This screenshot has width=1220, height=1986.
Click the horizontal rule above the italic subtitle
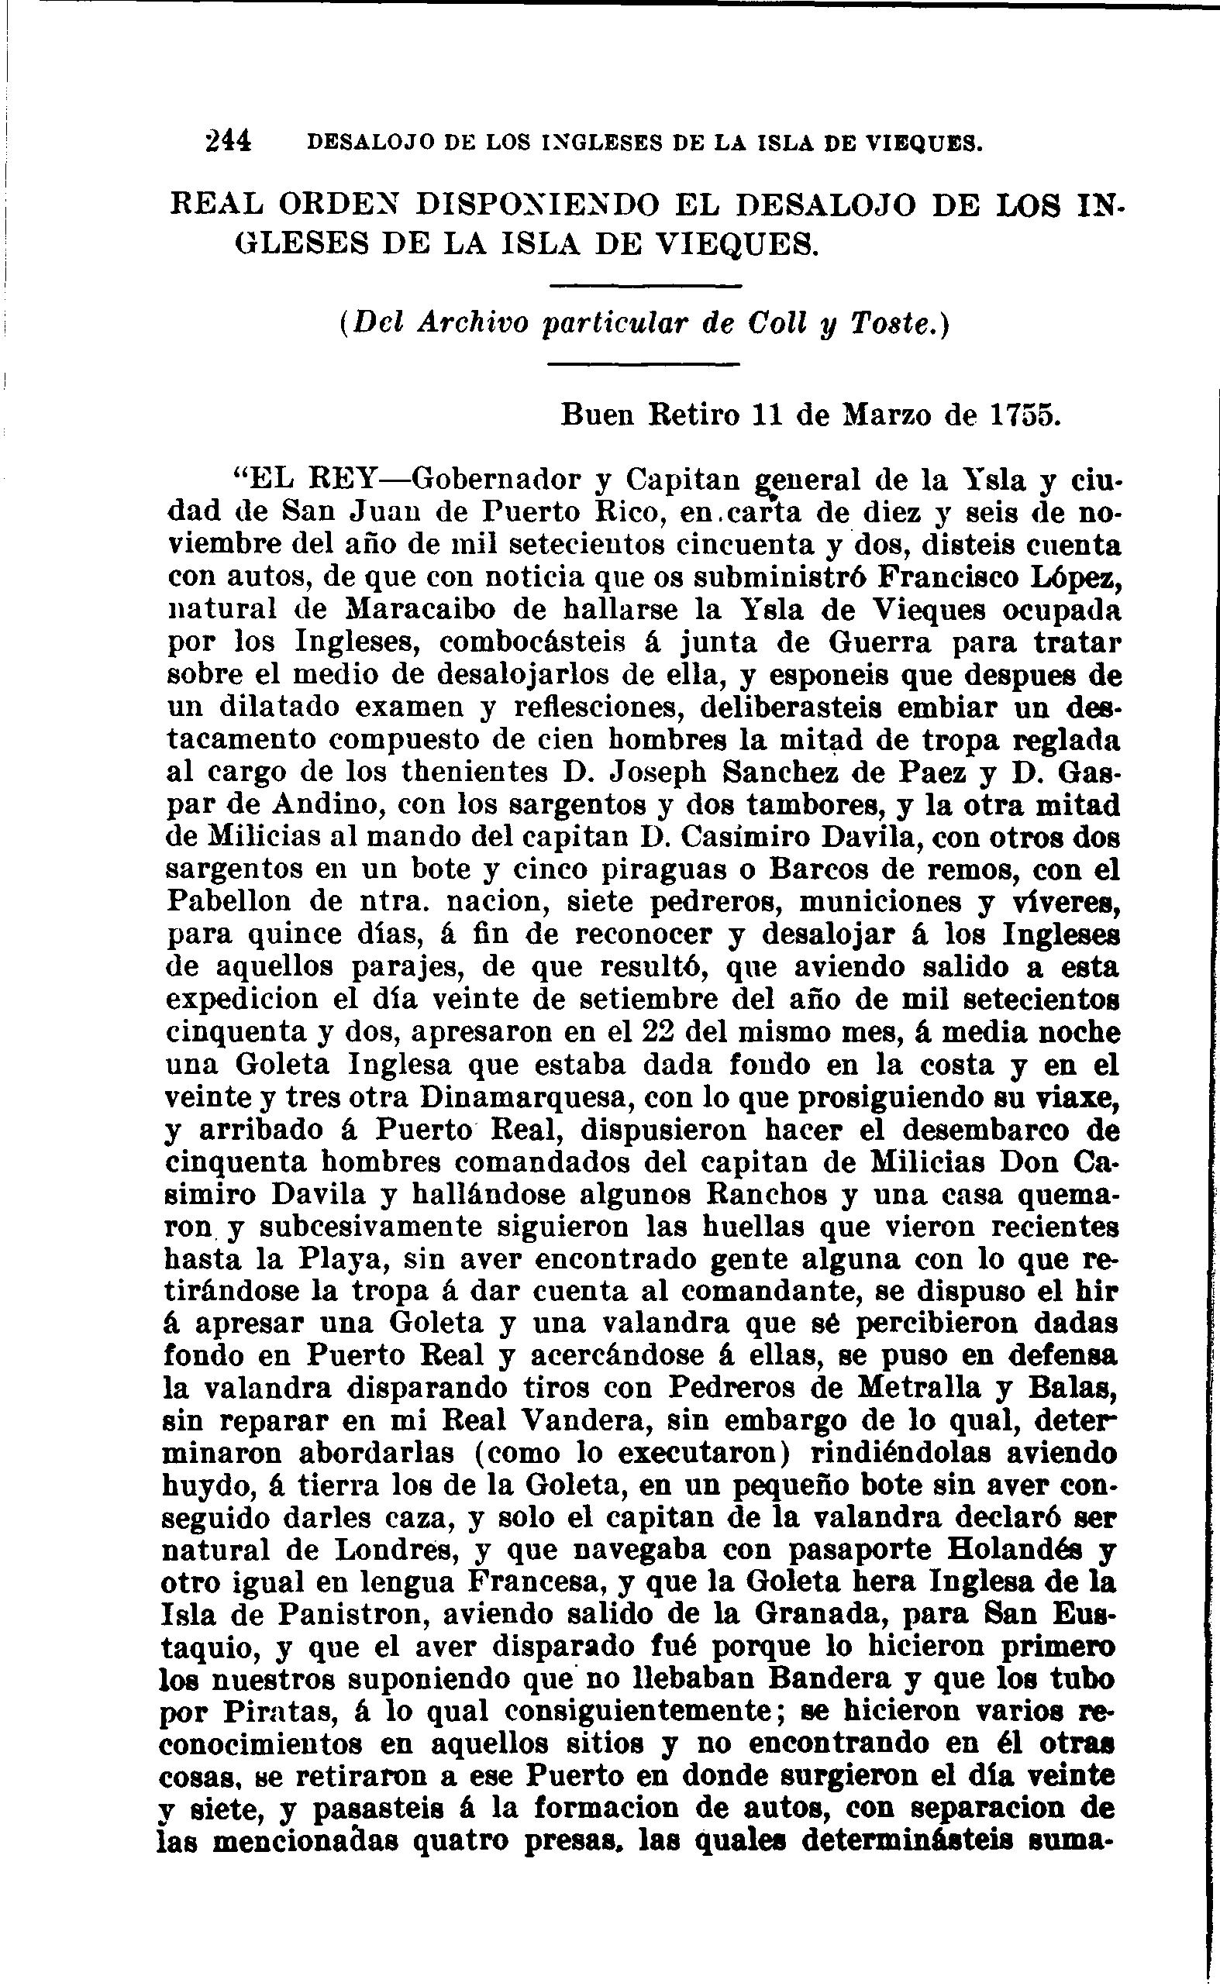643,287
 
